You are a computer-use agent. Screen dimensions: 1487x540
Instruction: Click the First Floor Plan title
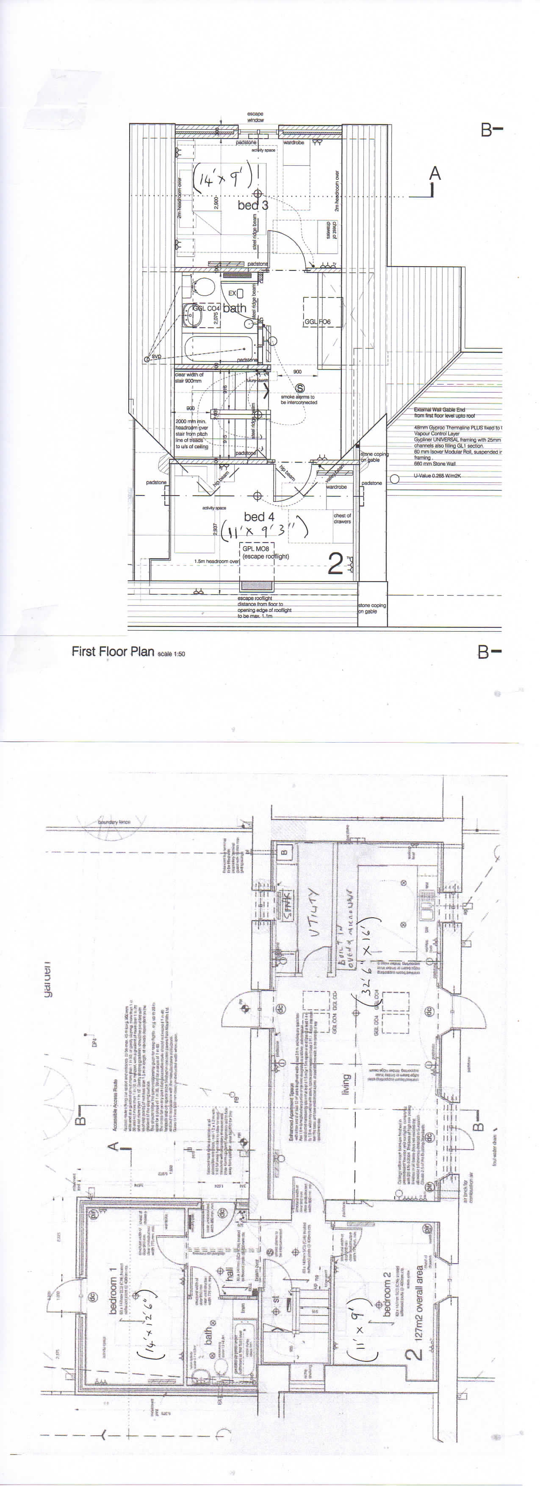click(x=113, y=651)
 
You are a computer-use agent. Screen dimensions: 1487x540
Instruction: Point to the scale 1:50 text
click(x=172, y=654)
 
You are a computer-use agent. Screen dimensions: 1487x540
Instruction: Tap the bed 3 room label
click(x=253, y=205)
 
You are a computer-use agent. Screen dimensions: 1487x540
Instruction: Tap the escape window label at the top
click(x=255, y=117)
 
